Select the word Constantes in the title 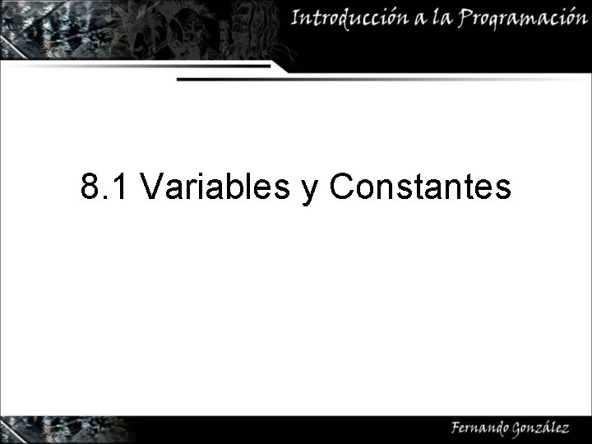coord(420,187)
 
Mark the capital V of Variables coord(151,187)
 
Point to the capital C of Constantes coord(341,187)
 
